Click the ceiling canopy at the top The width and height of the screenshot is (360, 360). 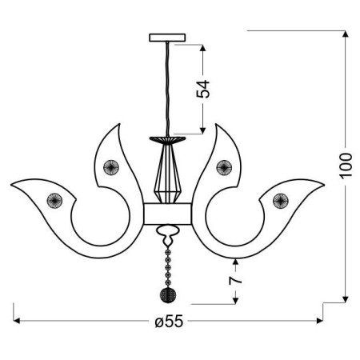point(167,37)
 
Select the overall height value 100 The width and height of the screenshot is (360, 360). point(346,167)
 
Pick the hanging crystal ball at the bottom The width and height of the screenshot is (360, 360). point(168,295)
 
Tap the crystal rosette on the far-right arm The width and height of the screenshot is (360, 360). point(280,198)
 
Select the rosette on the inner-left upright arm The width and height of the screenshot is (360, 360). point(110,167)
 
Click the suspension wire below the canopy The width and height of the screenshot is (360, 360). point(167,88)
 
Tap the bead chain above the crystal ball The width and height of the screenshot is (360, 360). point(168,264)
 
